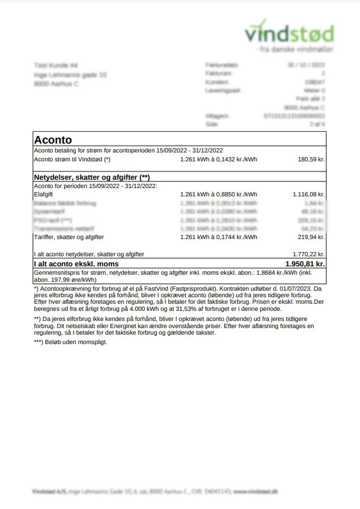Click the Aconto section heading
[53, 140]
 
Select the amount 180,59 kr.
[311, 160]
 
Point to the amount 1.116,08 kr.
[308, 194]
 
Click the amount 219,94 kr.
[311, 237]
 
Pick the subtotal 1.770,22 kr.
[308, 254]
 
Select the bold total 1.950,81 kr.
[305, 263]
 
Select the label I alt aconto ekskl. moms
[77, 263]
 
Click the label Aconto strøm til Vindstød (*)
[72, 160]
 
